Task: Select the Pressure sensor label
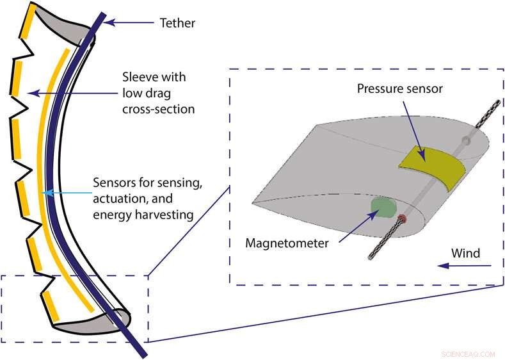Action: (x=400, y=89)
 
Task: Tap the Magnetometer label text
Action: (x=287, y=243)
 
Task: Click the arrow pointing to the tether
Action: (x=131, y=23)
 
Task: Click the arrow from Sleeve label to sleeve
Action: (x=64, y=94)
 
